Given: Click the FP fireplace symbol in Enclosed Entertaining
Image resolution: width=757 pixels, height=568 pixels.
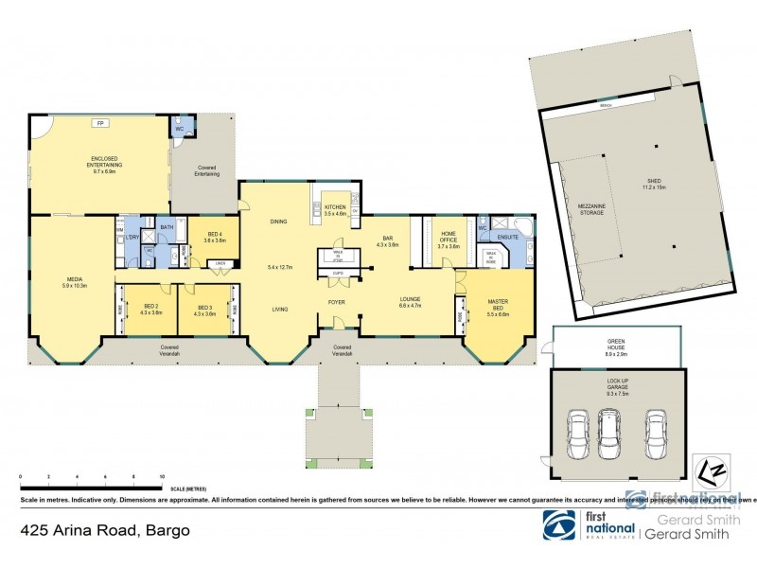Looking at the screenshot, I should pos(99,123).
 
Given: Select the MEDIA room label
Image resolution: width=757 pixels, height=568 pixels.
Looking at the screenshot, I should pos(74,281).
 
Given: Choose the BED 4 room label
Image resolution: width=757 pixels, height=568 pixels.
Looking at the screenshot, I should pos(215,237).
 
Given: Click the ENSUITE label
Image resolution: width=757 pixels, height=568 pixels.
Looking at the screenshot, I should pos(508,237).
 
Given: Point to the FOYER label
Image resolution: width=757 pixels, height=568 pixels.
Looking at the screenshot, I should pos(337,303).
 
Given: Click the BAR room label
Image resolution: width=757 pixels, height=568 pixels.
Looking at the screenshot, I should pos(388,240).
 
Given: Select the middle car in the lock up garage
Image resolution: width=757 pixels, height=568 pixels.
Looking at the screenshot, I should pos(607,432).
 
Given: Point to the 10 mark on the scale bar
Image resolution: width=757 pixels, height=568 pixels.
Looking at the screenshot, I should pos(162,477).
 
